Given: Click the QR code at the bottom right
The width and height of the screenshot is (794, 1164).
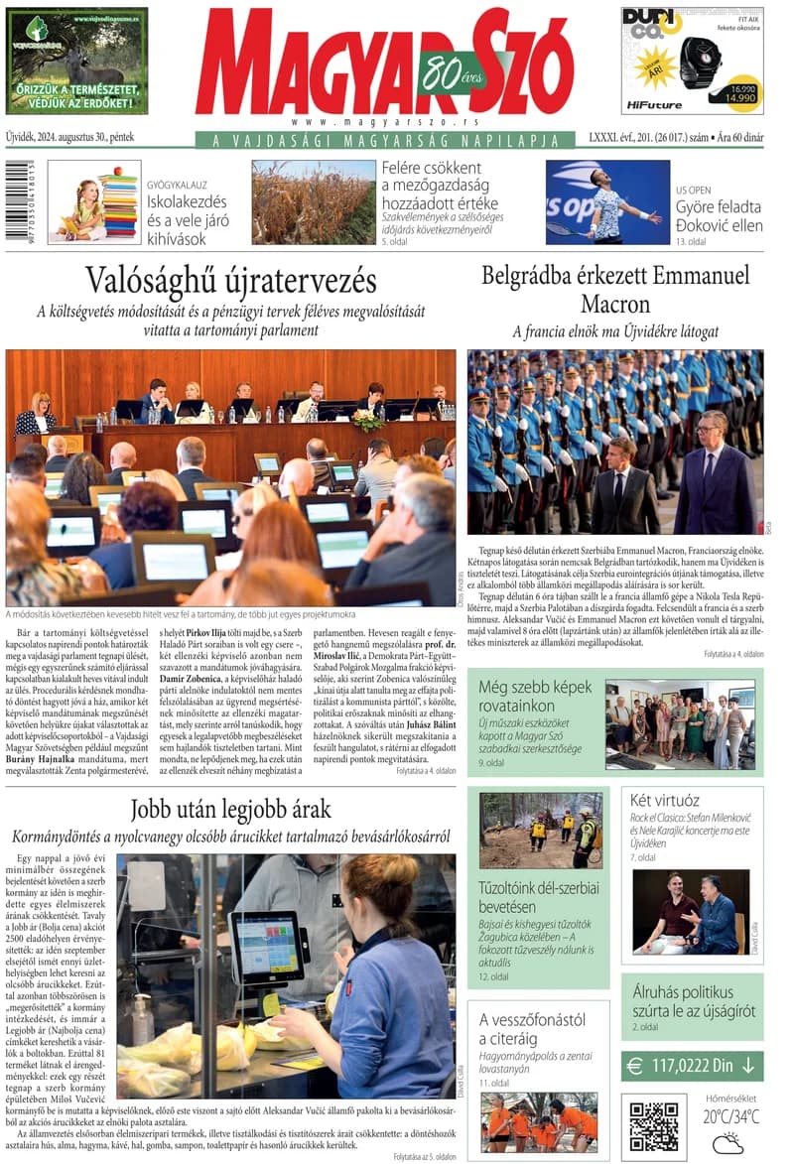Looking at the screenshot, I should (654, 1124).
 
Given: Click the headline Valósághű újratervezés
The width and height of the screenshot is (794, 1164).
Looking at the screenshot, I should (230, 281).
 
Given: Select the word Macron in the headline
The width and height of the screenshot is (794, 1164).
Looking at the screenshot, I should (615, 304).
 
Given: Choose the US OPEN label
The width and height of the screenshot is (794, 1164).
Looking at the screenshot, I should (695, 189).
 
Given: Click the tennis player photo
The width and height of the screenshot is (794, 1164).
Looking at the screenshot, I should (606, 201).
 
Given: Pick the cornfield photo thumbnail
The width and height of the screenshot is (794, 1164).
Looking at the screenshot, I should (313, 201).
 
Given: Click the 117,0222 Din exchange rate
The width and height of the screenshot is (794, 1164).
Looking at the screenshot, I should (692, 1067).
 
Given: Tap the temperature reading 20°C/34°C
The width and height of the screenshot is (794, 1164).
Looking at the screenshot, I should (731, 1117).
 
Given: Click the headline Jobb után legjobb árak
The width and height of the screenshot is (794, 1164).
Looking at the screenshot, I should (230, 809).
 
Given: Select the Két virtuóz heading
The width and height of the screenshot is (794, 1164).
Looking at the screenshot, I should (665, 799).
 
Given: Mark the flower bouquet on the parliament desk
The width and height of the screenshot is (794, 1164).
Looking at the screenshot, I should (367, 419).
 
